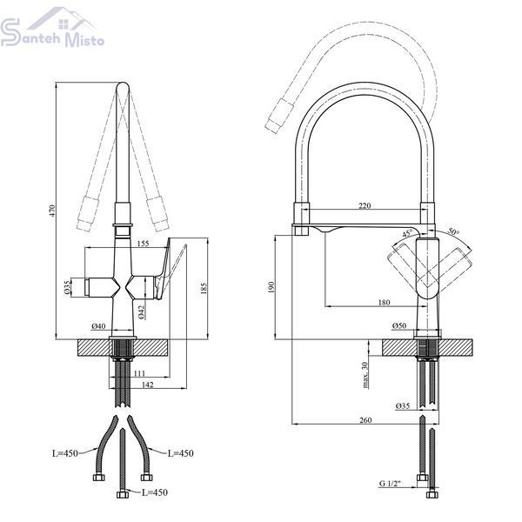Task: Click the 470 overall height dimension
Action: click(x=52, y=211)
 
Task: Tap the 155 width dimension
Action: click(x=143, y=244)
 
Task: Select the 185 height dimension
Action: click(x=204, y=288)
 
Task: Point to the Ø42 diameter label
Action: click(x=141, y=312)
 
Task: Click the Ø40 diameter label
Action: click(x=98, y=326)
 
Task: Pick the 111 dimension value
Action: click(x=139, y=373)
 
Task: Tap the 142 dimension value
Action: click(x=148, y=385)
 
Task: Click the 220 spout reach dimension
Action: click(x=365, y=205)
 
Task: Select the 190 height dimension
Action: click(x=271, y=287)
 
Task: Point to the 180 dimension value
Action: click(x=385, y=302)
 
